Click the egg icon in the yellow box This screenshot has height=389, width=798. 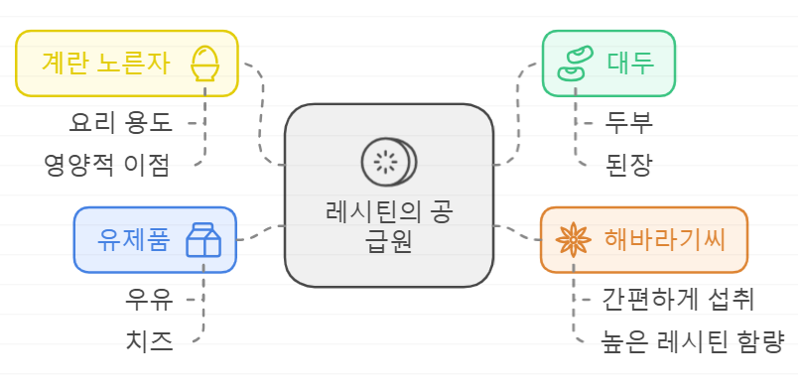(x=204, y=62)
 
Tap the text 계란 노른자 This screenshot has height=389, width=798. (x=106, y=64)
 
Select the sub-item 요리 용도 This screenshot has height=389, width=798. (x=120, y=123)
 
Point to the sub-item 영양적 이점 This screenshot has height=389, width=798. (x=107, y=164)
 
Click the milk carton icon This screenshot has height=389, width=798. (x=203, y=240)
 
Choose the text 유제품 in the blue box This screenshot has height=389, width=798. (x=134, y=240)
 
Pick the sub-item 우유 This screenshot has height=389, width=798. (x=149, y=298)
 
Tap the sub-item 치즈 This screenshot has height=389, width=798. (x=149, y=341)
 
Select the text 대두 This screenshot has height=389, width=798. (x=629, y=64)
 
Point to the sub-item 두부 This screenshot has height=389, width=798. (x=629, y=123)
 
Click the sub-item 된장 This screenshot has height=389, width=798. (x=628, y=165)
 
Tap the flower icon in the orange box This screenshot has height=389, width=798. (x=573, y=239)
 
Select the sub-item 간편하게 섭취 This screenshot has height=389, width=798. (x=678, y=298)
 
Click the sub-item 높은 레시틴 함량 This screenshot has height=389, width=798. (x=693, y=340)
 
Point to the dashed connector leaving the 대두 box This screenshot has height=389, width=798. (x=519, y=109)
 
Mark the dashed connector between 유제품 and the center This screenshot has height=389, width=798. (x=260, y=233)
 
